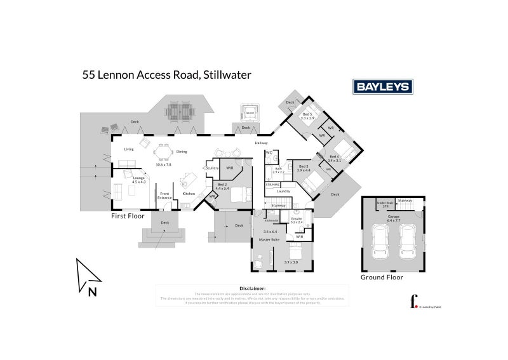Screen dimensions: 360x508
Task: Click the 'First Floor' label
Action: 128,216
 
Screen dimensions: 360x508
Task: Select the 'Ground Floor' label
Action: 382,277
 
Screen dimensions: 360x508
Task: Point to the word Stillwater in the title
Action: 227,74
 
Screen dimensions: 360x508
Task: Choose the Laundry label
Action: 283,191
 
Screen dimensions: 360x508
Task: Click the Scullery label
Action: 211,168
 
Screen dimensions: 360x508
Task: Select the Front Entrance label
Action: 164,196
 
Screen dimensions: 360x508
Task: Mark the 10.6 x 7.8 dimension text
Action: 164,164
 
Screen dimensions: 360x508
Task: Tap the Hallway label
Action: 262,143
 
